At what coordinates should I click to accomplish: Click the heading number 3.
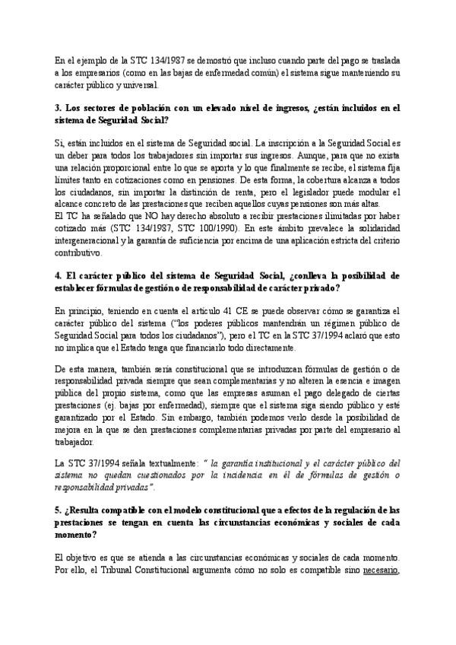tap(59, 108)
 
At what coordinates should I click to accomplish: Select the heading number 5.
tap(59, 506)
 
